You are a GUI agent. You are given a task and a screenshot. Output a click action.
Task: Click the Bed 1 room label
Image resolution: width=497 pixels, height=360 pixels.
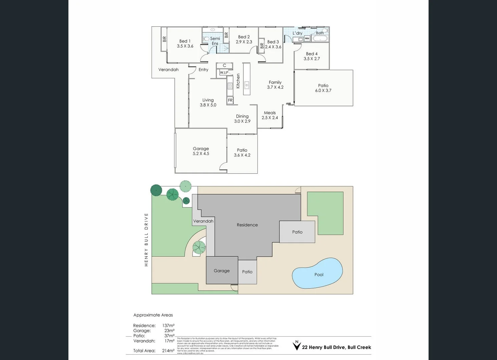[185, 41]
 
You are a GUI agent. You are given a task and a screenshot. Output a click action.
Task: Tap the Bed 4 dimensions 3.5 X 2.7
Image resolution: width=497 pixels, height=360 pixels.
[312, 59]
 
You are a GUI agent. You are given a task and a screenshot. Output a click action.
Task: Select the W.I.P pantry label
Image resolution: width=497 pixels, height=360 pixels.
[224, 73]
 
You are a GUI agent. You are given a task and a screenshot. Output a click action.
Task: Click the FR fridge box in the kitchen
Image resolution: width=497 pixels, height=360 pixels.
[230, 100]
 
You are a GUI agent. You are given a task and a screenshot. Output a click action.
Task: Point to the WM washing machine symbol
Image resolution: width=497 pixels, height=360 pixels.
[307, 39]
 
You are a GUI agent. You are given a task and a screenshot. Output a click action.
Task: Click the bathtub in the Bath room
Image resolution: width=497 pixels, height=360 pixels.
[320, 39]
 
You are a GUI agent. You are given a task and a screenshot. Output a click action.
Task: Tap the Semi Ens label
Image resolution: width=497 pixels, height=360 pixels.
[215, 41]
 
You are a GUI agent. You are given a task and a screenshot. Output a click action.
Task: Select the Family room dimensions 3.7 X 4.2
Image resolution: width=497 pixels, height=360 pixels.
[275, 87]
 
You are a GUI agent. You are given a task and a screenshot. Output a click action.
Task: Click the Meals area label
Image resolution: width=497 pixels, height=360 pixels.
[270, 113]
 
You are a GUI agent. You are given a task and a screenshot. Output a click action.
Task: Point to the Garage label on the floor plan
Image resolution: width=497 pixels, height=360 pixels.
[201, 149]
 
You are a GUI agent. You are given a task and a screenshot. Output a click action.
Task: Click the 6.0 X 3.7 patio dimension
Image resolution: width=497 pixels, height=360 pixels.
[323, 90]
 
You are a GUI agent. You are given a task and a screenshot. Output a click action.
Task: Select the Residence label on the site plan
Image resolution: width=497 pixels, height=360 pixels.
[247, 225]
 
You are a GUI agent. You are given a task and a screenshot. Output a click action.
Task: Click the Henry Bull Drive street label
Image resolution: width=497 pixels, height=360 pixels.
[146, 240]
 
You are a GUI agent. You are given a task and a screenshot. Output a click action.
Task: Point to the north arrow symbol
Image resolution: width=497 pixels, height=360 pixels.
[296, 345]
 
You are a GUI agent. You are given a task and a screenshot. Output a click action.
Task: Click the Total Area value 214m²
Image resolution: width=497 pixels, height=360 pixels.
[168, 351]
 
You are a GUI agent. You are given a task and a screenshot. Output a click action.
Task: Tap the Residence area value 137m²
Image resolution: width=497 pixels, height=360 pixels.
[168, 326]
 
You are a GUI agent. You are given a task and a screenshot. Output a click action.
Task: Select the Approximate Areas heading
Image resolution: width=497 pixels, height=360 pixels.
[153, 315]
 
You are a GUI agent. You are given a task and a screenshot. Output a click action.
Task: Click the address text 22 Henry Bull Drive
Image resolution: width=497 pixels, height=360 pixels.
[336, 347]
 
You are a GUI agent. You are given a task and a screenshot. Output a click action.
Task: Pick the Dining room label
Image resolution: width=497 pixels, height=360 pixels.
[242, 116]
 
